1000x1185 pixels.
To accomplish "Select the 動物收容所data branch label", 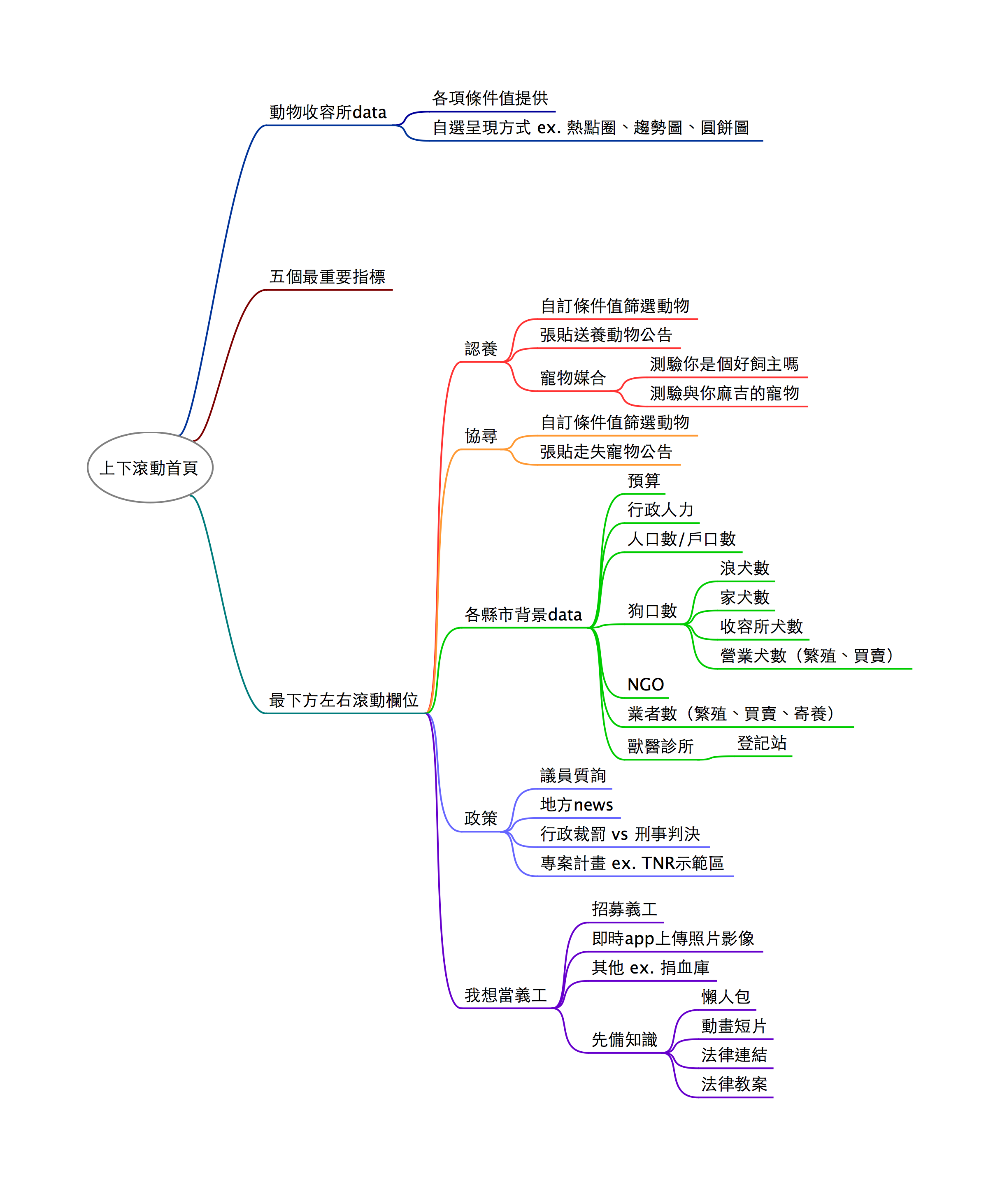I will click(328, 112).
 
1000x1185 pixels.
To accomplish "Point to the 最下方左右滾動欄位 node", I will click(344, 700).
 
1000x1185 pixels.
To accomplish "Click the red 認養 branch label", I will click(481, 349).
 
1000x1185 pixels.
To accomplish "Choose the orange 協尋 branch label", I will click(481, 436).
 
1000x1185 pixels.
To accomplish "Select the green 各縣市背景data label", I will click(523, 614).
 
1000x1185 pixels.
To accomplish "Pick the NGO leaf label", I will click(645, 685).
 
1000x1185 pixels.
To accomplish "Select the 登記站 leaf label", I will click(761, 743).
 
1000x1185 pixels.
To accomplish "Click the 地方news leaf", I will click(577, 805).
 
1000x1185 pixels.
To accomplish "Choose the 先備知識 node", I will click(624, 1039).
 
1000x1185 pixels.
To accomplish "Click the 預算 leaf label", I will click(644, 481).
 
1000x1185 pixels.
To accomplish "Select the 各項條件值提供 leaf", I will click(490, 98).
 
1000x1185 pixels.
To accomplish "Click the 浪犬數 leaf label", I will click(744, 568).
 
